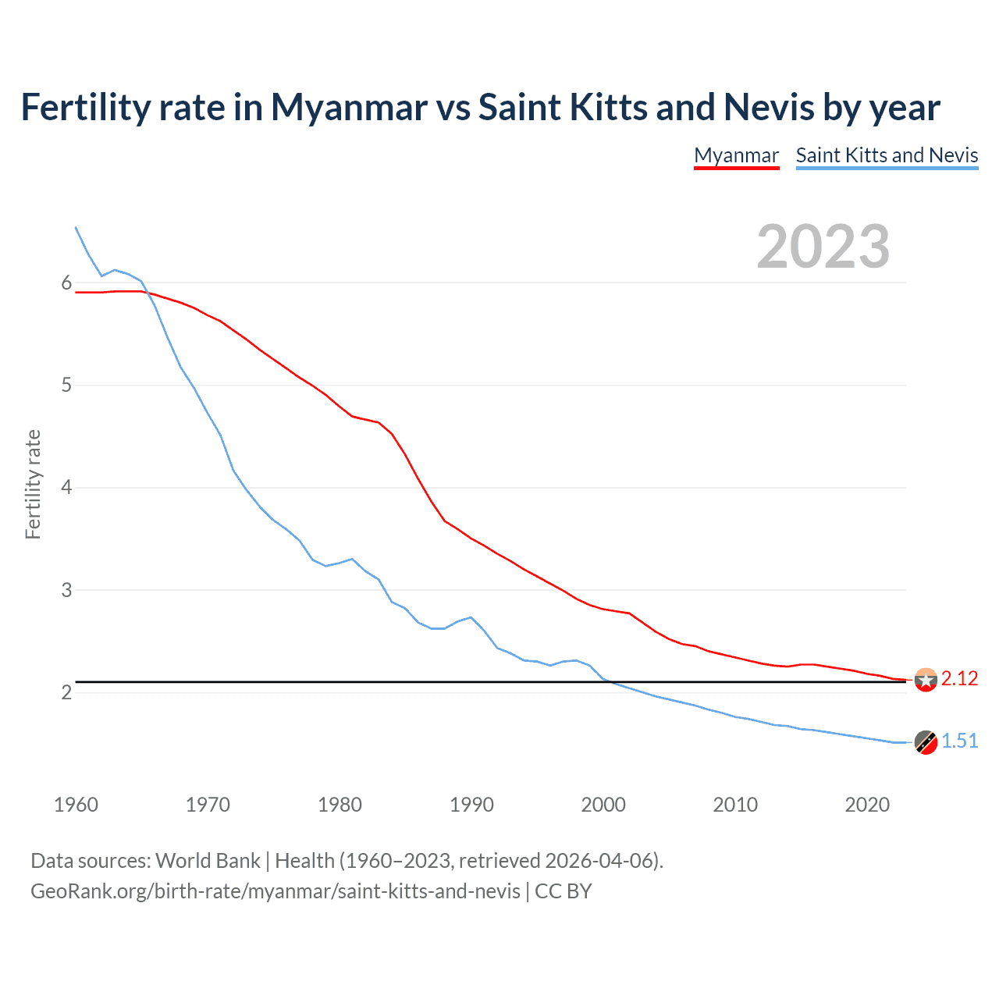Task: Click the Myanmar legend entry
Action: click(736, 155)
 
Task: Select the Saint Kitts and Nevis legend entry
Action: click(887, 155)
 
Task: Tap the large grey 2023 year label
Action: click(823, 247)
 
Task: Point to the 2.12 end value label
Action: click(959, 679)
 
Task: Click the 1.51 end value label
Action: click(959, 741)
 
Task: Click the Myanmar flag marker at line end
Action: click(926, 680)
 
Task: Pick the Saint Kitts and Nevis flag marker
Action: click(926, 742)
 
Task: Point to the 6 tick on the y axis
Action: click(66, 283)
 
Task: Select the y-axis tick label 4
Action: click(66, 488)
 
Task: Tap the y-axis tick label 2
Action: click(66, 693)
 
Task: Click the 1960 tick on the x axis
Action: click(76, 805)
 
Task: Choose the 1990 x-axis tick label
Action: click(471, 805)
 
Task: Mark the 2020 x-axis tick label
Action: click(867, 805)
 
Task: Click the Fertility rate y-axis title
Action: click(33, 484)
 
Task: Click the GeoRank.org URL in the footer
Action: click(275, 891)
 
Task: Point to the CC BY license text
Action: click(563, 891)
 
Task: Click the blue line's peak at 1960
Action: click(76, 228)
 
